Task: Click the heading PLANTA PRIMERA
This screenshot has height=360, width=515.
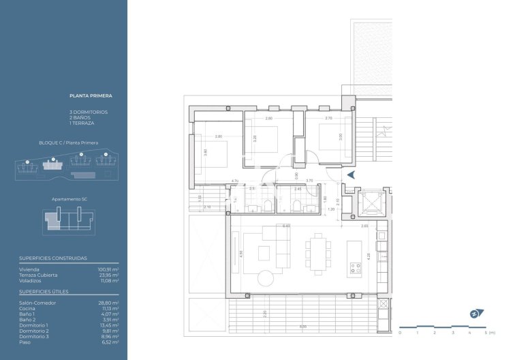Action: (x=91, y=97)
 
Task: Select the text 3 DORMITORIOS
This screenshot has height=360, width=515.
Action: (x=89, y=112)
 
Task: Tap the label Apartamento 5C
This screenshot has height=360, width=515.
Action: (x=69, y=198)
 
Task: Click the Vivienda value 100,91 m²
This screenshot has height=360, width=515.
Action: (x=108, y=270)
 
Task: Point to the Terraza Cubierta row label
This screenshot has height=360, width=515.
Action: (x=39, y=275)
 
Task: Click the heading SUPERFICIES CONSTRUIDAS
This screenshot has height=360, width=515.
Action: (x=48, y=259)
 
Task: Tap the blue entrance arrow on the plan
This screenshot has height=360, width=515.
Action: (x=351, y=175)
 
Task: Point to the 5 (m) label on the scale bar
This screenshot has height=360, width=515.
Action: (x=488, y=333)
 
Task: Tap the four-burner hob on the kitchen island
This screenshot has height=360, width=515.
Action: (x=354, y=268)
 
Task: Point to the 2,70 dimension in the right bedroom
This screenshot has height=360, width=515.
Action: (x=328, y=119)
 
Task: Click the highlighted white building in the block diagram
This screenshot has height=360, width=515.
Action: (x=51, y=164)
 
